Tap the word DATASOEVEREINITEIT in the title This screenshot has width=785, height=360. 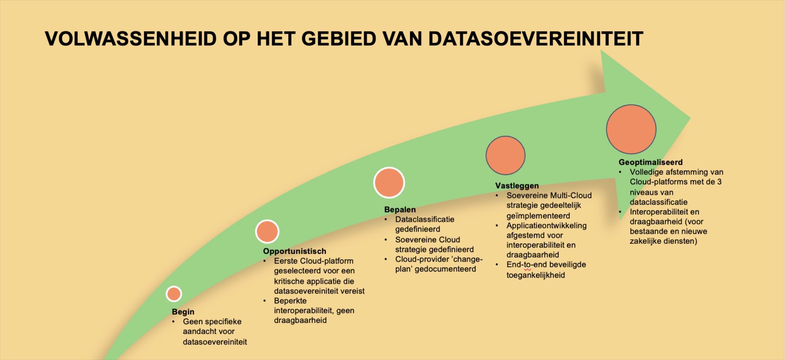(x=536, y=39)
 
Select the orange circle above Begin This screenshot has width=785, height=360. (x=174, y=294)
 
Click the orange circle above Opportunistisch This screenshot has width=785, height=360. (x=267, y=231)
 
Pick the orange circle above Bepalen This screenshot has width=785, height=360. (x=389, y=183)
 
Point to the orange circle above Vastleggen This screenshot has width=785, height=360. (x=505, y=155)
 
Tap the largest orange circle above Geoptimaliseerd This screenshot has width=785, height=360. (x=631, y=129)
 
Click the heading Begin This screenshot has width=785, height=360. (x=183, y=312)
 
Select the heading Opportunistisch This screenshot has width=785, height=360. (x=294, y=251)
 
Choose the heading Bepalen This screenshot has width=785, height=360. (x=400, y=209)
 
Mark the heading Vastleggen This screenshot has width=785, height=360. (x=517, y=186)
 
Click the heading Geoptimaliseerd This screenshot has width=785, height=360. (x=650, y=162)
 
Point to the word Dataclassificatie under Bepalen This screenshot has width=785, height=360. (x=425, y=219)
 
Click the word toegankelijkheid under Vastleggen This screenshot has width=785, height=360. (x=536, y=275)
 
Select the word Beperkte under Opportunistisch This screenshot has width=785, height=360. (x=290, y=301)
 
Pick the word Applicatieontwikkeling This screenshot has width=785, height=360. (x=546, y=226)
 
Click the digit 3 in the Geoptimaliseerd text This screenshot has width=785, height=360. (x=719, y=182)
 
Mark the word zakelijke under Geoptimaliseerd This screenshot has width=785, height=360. (x=645, y=241)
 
